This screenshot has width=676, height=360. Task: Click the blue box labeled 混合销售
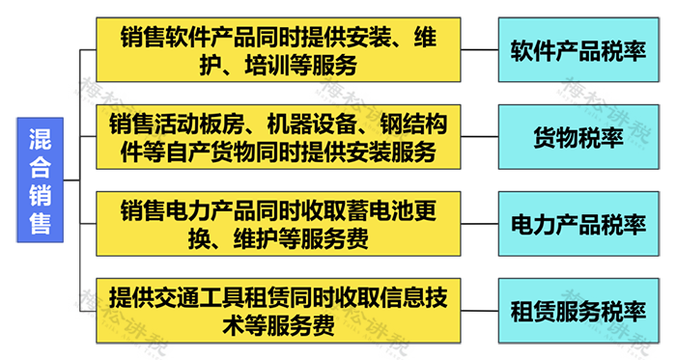41,180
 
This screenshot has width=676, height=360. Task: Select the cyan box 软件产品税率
578,49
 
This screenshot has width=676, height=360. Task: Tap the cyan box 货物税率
578,136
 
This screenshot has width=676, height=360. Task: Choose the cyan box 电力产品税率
578,224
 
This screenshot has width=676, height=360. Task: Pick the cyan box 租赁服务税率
578,311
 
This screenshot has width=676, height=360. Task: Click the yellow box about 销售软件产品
278,49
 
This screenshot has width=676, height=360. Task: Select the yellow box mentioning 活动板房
278,136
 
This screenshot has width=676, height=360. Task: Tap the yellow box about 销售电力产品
278,224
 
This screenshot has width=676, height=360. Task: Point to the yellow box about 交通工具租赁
278,311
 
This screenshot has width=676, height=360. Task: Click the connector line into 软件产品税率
479,49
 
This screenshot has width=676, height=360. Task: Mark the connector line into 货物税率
479,136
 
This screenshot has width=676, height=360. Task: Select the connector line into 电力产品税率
479,224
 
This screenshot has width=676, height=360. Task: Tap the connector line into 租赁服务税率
479,311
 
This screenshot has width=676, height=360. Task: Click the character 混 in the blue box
41,139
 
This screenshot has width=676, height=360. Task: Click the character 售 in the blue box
41,223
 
